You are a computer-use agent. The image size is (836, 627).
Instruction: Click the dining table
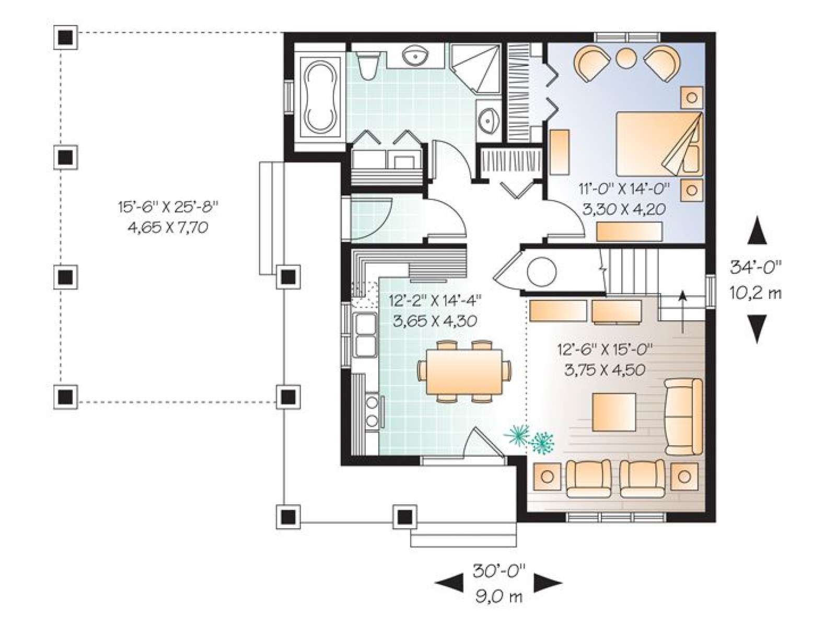click(x=464, y=372)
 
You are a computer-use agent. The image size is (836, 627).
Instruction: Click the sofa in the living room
click(x=683, y=416)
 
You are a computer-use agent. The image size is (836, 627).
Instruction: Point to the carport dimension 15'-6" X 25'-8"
click(x=168, y=207)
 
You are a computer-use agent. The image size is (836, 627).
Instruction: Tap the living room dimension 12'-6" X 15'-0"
click(x=605, y=349)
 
